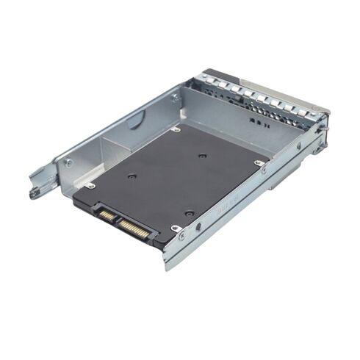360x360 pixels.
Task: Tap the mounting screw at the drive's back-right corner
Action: tap(259, 163)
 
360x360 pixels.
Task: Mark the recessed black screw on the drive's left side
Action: tap(131, 176)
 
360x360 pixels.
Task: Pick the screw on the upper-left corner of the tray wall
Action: tap(175, 96)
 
